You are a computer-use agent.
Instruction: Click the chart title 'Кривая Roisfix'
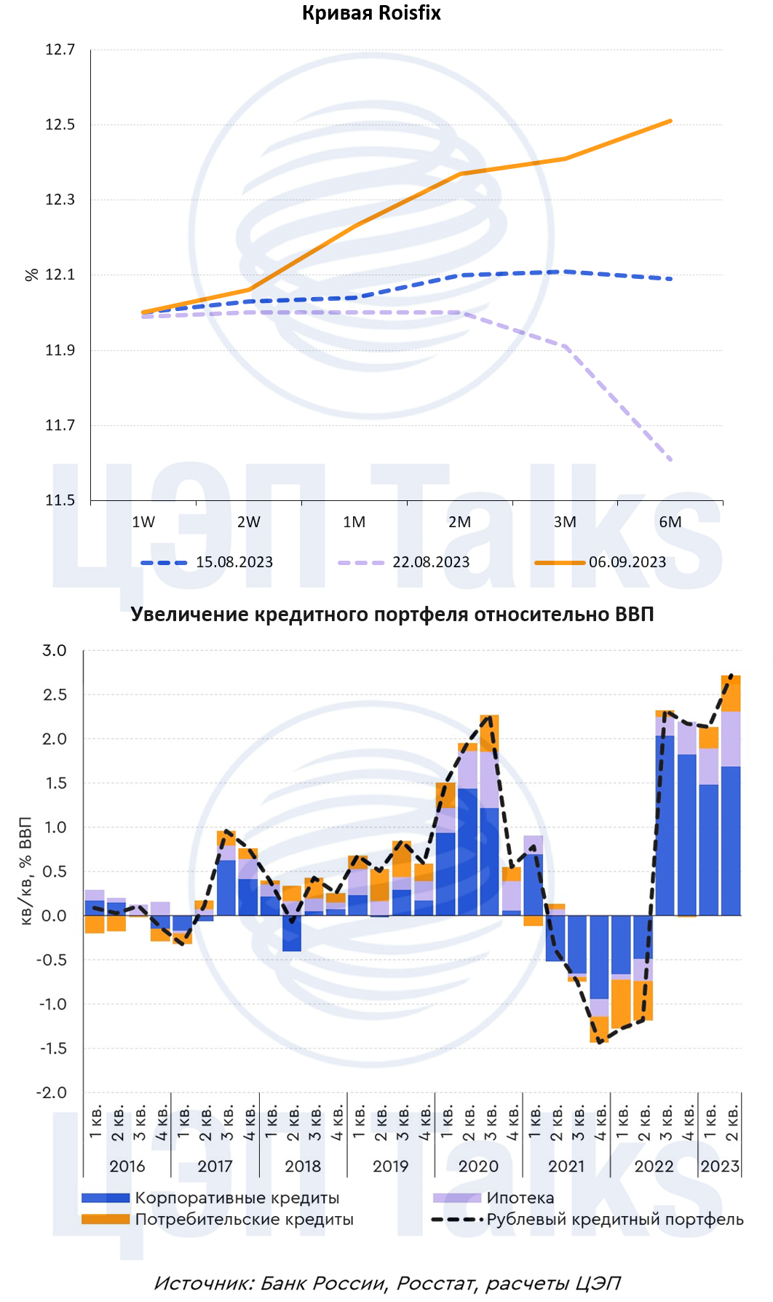point(371,13)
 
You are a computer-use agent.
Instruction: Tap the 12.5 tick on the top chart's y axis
point(60,125)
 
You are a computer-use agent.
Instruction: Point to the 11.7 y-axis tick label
point(60,425)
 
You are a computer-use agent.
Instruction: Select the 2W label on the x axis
point(249,522)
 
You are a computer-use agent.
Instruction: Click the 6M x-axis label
point(670,522)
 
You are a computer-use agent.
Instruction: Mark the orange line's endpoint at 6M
point(670,121)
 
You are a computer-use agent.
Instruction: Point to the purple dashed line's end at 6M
point(670,460)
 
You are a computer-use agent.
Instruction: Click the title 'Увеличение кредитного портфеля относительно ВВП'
point(392,615)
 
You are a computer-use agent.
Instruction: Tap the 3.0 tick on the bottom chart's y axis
point(54,650)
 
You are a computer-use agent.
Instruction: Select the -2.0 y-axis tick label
point(52,1092)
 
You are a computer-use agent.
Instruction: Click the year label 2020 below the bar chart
point(478,1166)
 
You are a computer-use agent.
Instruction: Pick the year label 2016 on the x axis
point(127,1166)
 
